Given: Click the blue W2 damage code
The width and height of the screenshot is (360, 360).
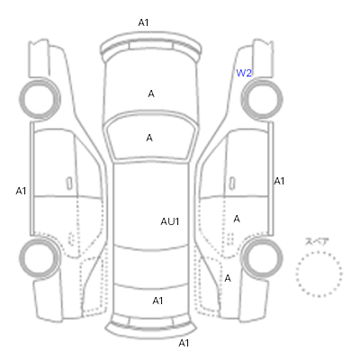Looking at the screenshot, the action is point(244,73).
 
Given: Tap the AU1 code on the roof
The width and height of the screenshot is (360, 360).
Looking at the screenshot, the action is point(170,221).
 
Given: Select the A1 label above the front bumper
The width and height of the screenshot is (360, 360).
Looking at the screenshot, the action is point(143,22).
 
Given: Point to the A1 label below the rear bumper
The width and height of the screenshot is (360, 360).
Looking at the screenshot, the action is point(184,343).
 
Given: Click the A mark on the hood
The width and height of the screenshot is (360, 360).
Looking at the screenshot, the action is point(151,94).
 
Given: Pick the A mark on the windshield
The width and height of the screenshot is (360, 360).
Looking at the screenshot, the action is point(149,138).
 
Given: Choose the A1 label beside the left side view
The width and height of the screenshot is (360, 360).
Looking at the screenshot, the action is point(21,191).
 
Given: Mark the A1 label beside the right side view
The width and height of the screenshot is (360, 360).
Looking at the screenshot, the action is point(279,181).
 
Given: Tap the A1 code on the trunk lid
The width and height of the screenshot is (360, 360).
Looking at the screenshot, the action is point(157,301).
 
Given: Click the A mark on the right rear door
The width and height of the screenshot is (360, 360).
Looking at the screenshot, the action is point(237,219).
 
